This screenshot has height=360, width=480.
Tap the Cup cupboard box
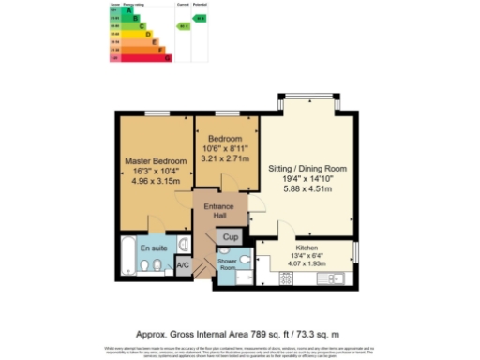coord(231,238)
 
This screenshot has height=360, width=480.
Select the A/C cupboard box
coord(184,265)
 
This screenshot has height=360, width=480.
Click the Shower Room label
coord(228,262)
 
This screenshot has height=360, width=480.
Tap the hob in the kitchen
coord(284,277)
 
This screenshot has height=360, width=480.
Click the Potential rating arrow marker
coord(199,18)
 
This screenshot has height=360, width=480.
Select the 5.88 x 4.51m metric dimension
coord(307,188)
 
